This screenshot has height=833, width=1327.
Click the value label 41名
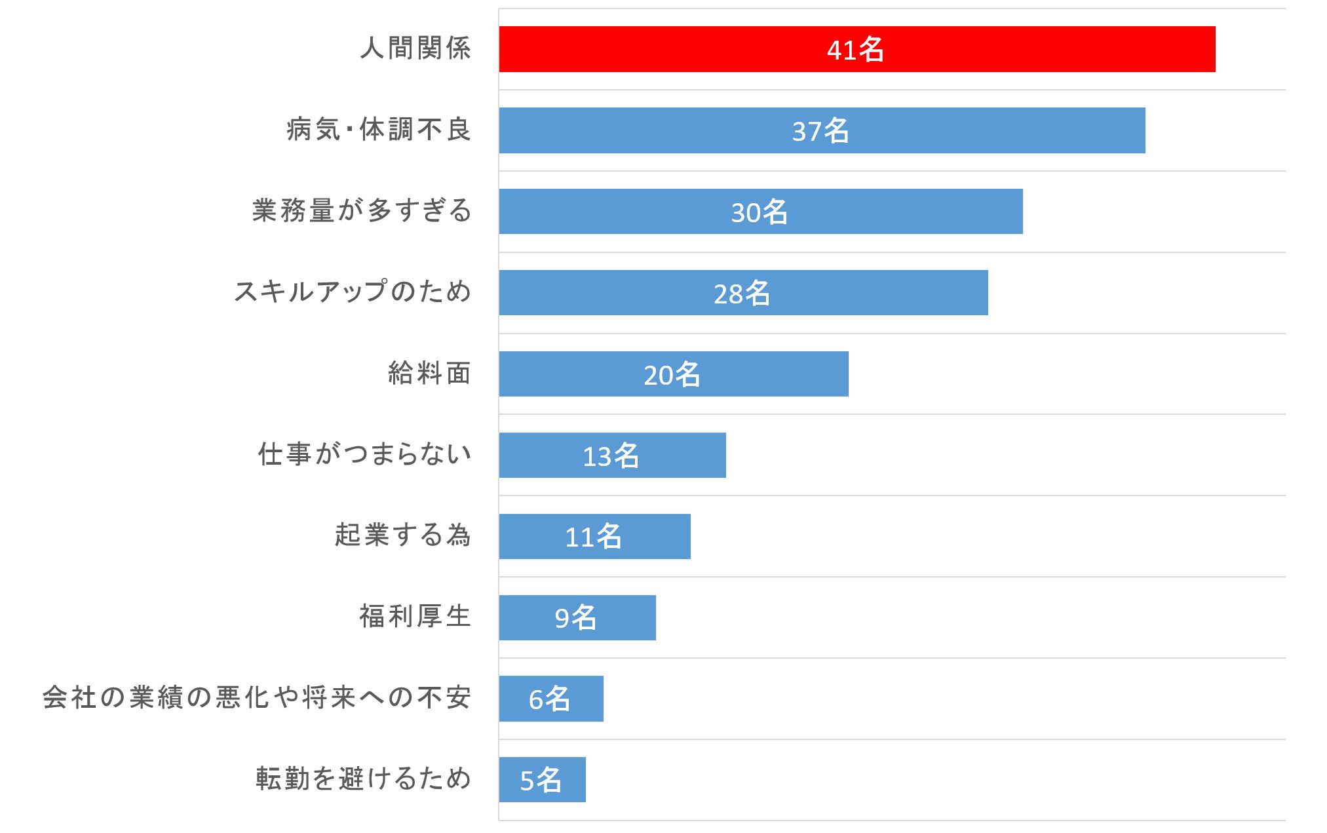point(855,50)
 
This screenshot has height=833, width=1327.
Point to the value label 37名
point(820,131)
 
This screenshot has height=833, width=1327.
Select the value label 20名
point(672,375)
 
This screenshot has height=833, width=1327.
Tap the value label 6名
point(549,699)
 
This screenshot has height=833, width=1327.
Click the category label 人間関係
point(415,48)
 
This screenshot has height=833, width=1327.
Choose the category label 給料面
point(429,374)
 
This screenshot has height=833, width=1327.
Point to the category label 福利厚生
point(415,617)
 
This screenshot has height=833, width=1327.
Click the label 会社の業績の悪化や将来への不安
point(257,698)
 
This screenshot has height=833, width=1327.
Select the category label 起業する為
point(403,535)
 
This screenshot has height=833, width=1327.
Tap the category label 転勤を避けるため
point(364,779)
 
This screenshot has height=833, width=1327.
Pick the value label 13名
point(611,456)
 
